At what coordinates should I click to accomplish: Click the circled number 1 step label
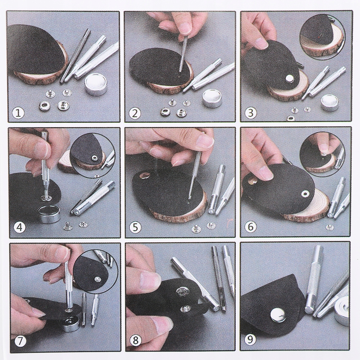pos(19,113)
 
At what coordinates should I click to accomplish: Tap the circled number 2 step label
pos(135,113)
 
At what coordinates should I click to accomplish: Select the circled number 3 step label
pos(250,113)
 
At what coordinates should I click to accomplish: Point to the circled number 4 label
pos(19,227)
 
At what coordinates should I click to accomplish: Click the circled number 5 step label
pos(135,227)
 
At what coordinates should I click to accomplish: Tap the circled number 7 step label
pos(20,341)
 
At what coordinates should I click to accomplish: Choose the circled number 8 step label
pos(136,341)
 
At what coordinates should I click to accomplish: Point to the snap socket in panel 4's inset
pos(94,158)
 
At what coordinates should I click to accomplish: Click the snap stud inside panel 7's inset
pos(97,279)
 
